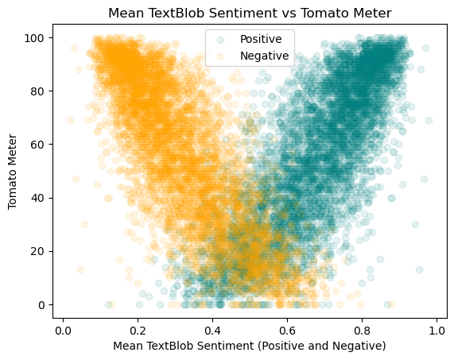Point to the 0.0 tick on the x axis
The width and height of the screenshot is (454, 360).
63,330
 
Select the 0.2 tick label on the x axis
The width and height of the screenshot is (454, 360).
138,330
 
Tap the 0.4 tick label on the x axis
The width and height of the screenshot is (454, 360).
212,330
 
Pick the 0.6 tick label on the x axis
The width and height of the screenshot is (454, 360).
287,330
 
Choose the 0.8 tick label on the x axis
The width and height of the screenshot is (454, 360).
362,330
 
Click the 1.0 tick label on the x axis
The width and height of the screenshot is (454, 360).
437,330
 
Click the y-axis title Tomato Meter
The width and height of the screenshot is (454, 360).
14,171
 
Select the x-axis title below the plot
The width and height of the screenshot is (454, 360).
249,346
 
